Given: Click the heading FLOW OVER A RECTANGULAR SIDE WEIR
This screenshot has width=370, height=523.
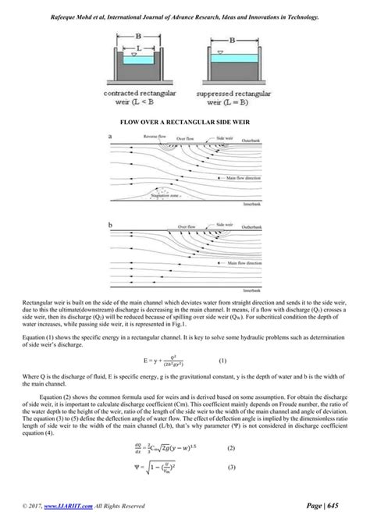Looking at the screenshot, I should [x=184, y=123].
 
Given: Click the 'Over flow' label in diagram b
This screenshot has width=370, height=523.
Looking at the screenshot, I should [x=185, y=226].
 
